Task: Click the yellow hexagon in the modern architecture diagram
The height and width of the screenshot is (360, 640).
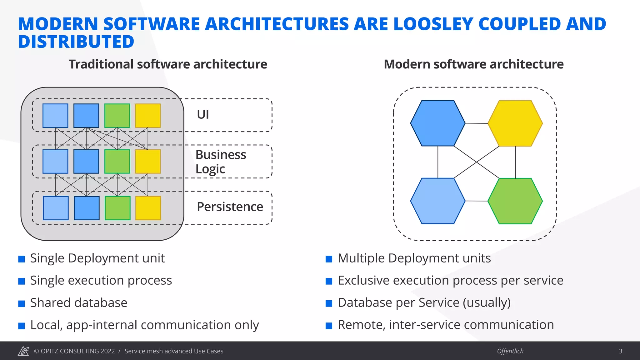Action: (x=515, y=123)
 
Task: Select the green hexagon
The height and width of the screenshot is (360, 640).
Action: (x=515, y=201)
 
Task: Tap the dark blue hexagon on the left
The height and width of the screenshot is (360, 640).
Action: (x=437, y=123)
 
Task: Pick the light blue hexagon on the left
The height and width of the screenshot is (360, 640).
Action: (x=437, y=201)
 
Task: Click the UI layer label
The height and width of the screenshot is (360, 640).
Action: (x=203, y=114)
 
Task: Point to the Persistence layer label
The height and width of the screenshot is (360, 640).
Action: (x=230, y=207)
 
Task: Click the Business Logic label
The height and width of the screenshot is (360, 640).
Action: (x=221, y=162)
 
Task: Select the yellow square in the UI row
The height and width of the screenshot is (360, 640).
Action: (x=148, y=116)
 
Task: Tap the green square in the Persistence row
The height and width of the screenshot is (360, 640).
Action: (x=117, y=208)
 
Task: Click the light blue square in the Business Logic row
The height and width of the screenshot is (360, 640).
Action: (x=55, y=162)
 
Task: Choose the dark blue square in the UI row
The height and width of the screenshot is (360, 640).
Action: (x=86, y=116)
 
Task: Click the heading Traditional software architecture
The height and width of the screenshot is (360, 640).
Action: (x=168, y=64)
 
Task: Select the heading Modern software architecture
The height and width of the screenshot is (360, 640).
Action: (x=473, y=64)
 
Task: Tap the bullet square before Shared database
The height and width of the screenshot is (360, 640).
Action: (x=22, y=304)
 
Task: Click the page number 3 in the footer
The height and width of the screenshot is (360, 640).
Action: (x=620, y=351)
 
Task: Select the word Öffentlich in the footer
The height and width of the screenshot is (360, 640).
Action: (x=510, y=351)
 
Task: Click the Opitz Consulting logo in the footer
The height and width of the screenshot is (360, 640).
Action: (x=23, y=351)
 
